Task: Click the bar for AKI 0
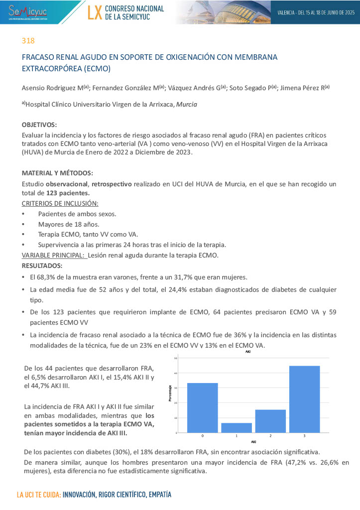click(x=202, y=407)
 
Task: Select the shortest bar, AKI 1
click(x=237, y=427)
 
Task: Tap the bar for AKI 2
click(x=270, y=421)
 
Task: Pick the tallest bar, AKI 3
click(x=304, y=399)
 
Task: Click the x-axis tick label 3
click(x=304, y=436)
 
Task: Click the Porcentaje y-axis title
click(x=170, y=394)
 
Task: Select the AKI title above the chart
click(x=248, y=352)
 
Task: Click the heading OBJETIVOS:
click(x=39, y=125)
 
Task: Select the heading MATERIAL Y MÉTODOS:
click(x=57, y=173)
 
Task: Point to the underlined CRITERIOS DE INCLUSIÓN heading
click(x=60, y=203)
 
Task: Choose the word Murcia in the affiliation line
click(x=187, y=105)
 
